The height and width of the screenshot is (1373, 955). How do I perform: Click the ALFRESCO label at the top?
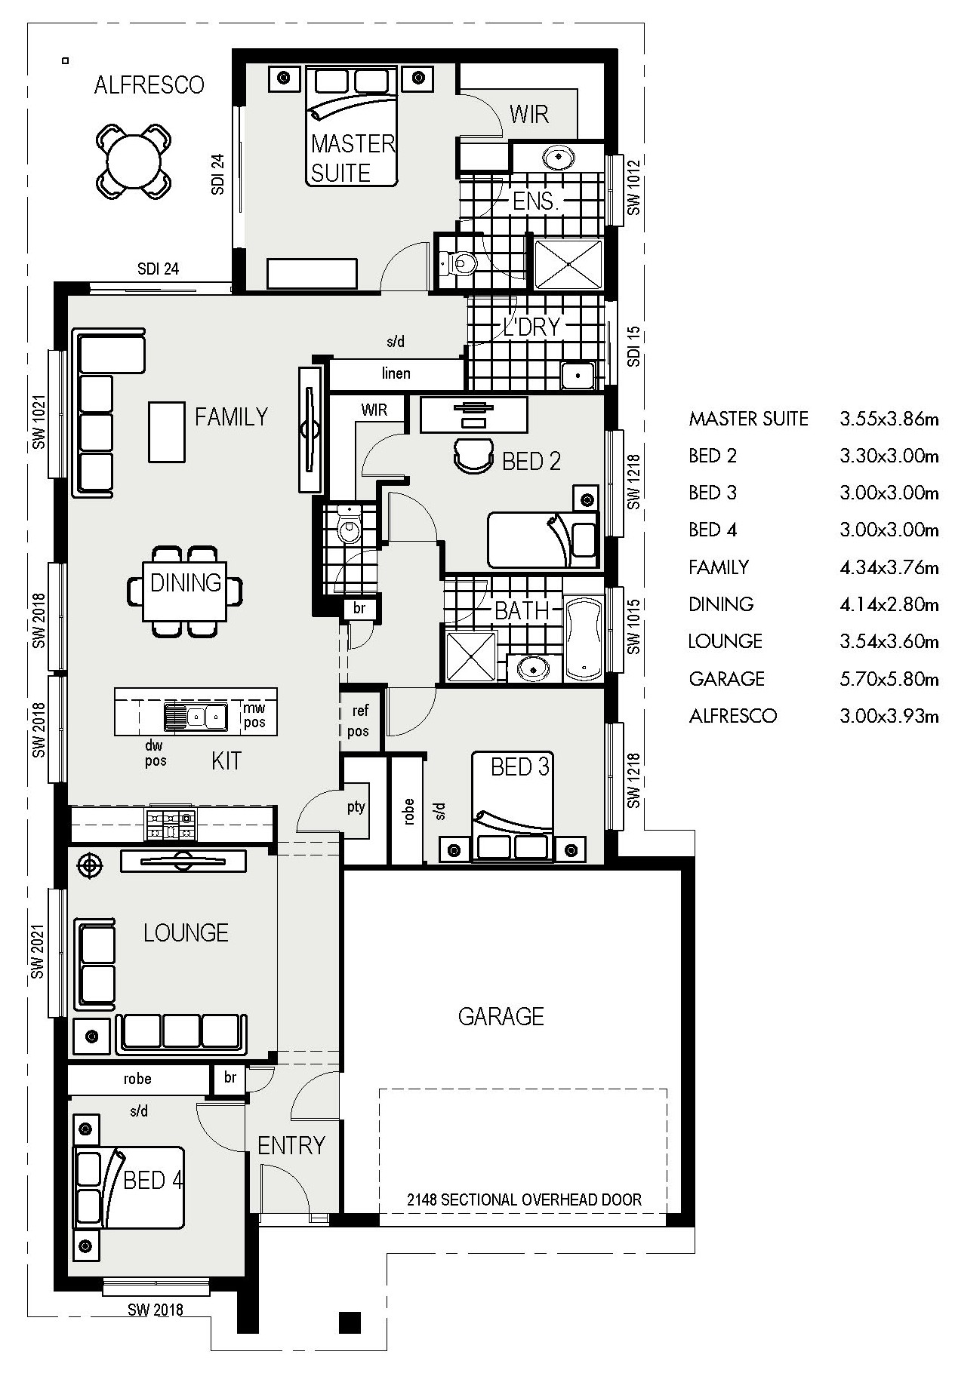coord(149,85)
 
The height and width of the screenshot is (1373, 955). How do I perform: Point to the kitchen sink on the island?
coord(196,715)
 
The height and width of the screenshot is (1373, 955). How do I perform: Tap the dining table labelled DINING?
coord(186,591)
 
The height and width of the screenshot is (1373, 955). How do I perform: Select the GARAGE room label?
coord(501,1016)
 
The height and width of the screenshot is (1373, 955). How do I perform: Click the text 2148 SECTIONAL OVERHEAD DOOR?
coord(524,1199)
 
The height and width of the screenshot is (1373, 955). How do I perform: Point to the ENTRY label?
coord(291,1146)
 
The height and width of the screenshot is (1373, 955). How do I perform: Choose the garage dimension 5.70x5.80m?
coord(889,679)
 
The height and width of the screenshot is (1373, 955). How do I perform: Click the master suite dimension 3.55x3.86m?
coord(889,419)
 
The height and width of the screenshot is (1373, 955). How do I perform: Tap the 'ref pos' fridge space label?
coord(359,720)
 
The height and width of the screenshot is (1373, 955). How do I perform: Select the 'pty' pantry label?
coord(356,806)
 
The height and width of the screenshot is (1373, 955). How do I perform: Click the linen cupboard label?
coord(396,373)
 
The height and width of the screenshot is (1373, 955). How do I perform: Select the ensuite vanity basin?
coord(558,158)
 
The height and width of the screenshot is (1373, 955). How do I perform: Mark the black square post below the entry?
coord(350,1321)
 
